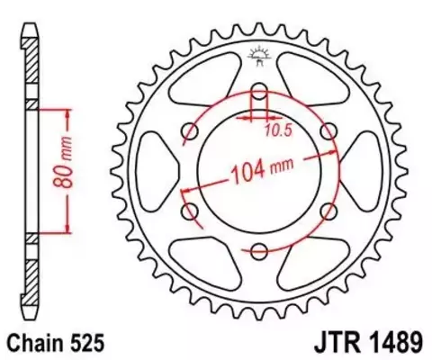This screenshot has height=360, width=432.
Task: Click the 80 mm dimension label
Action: [x=55, y=168]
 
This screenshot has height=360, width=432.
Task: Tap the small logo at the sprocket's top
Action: [x=260, y=56]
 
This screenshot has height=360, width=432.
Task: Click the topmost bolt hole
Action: [x=260, y=91]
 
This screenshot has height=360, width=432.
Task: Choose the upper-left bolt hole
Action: [x=191, y=131]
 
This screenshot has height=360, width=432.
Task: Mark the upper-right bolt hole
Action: [x=329, y=131]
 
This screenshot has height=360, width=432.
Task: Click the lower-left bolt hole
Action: [x=191, y=211]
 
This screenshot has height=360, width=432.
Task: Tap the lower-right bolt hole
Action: [x=329, y=211]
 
